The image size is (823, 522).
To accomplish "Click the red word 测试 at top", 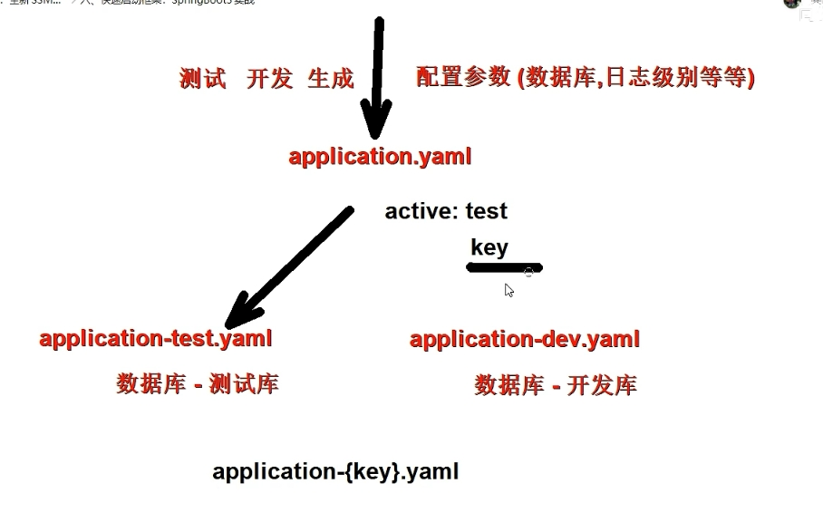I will click(203, 79).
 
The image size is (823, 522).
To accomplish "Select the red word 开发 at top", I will click(269, 79).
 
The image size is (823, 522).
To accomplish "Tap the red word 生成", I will click(330, 79).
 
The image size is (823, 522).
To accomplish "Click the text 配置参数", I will click(463, 77).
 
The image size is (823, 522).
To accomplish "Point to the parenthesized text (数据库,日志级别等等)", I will click(635, 78).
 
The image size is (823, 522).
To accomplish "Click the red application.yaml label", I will click(380, 157).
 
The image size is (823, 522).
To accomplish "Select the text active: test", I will click(446, 211).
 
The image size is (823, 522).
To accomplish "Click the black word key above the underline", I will click(489, 247).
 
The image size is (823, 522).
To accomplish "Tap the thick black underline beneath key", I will click(504, 267).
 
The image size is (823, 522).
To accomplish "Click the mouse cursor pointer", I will click(509, 290).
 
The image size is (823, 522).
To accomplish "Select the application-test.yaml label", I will click(156, 339).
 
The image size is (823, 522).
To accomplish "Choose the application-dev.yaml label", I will click(525, 340).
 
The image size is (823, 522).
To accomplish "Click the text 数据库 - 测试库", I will click(198, 383).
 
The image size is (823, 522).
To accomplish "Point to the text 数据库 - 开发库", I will click(556, 385).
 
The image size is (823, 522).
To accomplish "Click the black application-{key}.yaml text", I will click(335, 471).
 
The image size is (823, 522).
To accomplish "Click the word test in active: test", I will click(487, 211).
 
